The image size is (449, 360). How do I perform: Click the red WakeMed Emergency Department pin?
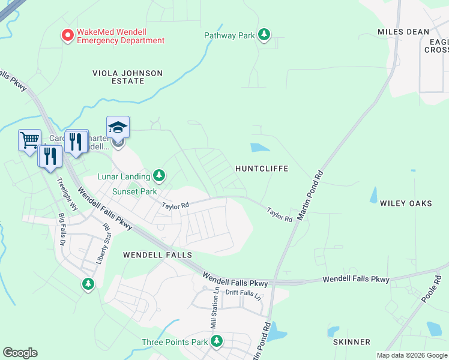(x=68, y=35)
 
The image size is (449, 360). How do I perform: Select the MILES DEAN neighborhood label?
(x=403, y=32)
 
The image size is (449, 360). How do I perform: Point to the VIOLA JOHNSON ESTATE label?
(x=127, y=77)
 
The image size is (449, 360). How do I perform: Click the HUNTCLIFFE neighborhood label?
(x=262, y=169)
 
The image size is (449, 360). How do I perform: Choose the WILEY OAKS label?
(x=406, y=203)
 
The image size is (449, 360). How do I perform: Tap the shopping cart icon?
(x=29, y=140)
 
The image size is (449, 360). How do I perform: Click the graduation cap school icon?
(x=118, y=127)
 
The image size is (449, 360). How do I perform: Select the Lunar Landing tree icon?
(x=159, y=175)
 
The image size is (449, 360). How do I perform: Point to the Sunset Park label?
(x=134, y=192)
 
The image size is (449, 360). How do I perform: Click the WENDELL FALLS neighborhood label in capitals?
(x=157, y=255)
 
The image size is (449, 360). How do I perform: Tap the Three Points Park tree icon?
(x=217, y=341)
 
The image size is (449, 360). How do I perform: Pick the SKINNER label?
(x=352, y=342)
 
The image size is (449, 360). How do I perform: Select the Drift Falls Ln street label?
(x=244, y=293)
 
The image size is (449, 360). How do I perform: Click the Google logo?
(x=20, y=353)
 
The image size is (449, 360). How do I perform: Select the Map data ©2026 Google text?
(x=412, y=355)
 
